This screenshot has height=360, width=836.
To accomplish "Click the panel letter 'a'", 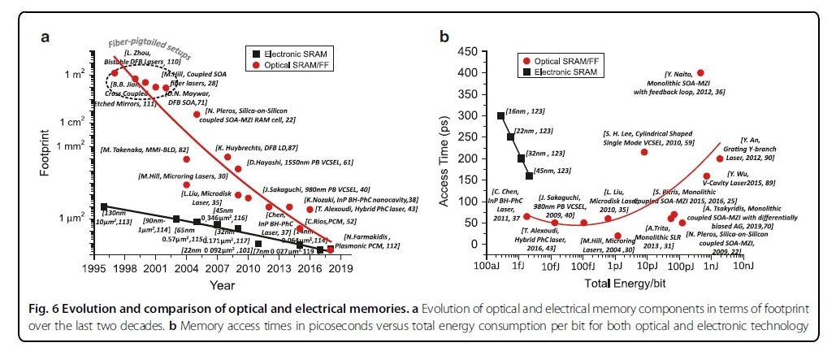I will click(x=46, y=37).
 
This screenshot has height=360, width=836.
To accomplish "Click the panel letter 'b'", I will click(x=444, y=37).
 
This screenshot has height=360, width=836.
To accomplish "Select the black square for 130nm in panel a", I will click(x=104, y=207).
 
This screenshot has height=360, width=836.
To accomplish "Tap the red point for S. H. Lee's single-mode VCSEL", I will click(x=644, y=152).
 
